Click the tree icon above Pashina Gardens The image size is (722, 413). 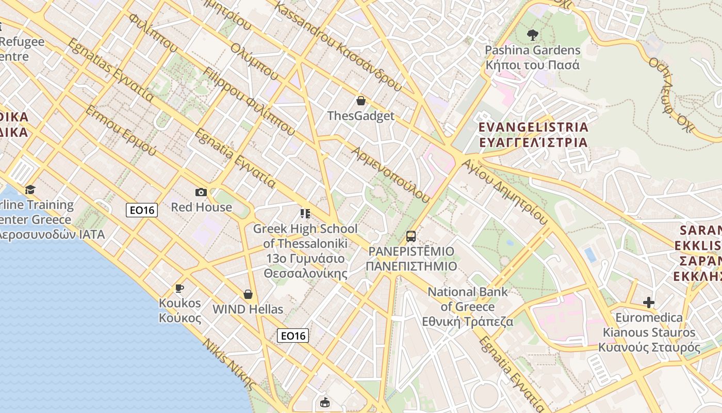click(532, 35)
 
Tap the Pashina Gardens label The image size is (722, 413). click(532, 57)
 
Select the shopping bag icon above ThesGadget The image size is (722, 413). click(361, 101)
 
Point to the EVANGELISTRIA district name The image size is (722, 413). click(533, 134)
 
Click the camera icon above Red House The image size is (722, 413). click(201, 192)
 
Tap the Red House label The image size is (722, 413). click(201, 207)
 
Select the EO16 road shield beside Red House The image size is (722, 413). click(142, 210)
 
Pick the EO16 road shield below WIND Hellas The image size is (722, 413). click(293, 336)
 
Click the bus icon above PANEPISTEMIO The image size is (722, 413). click(411, 236)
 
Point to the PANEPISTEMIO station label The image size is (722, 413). click(411, 259)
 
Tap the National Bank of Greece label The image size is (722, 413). click(468, 307)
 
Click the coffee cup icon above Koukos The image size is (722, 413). click(179, 288)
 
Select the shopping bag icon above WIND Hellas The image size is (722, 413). click(248, 294)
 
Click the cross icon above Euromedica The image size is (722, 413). click(649, 302)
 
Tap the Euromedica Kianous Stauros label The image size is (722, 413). click(649, 332)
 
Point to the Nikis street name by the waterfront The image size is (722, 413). click(229, 364)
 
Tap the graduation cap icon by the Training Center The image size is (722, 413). click(30, 189)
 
